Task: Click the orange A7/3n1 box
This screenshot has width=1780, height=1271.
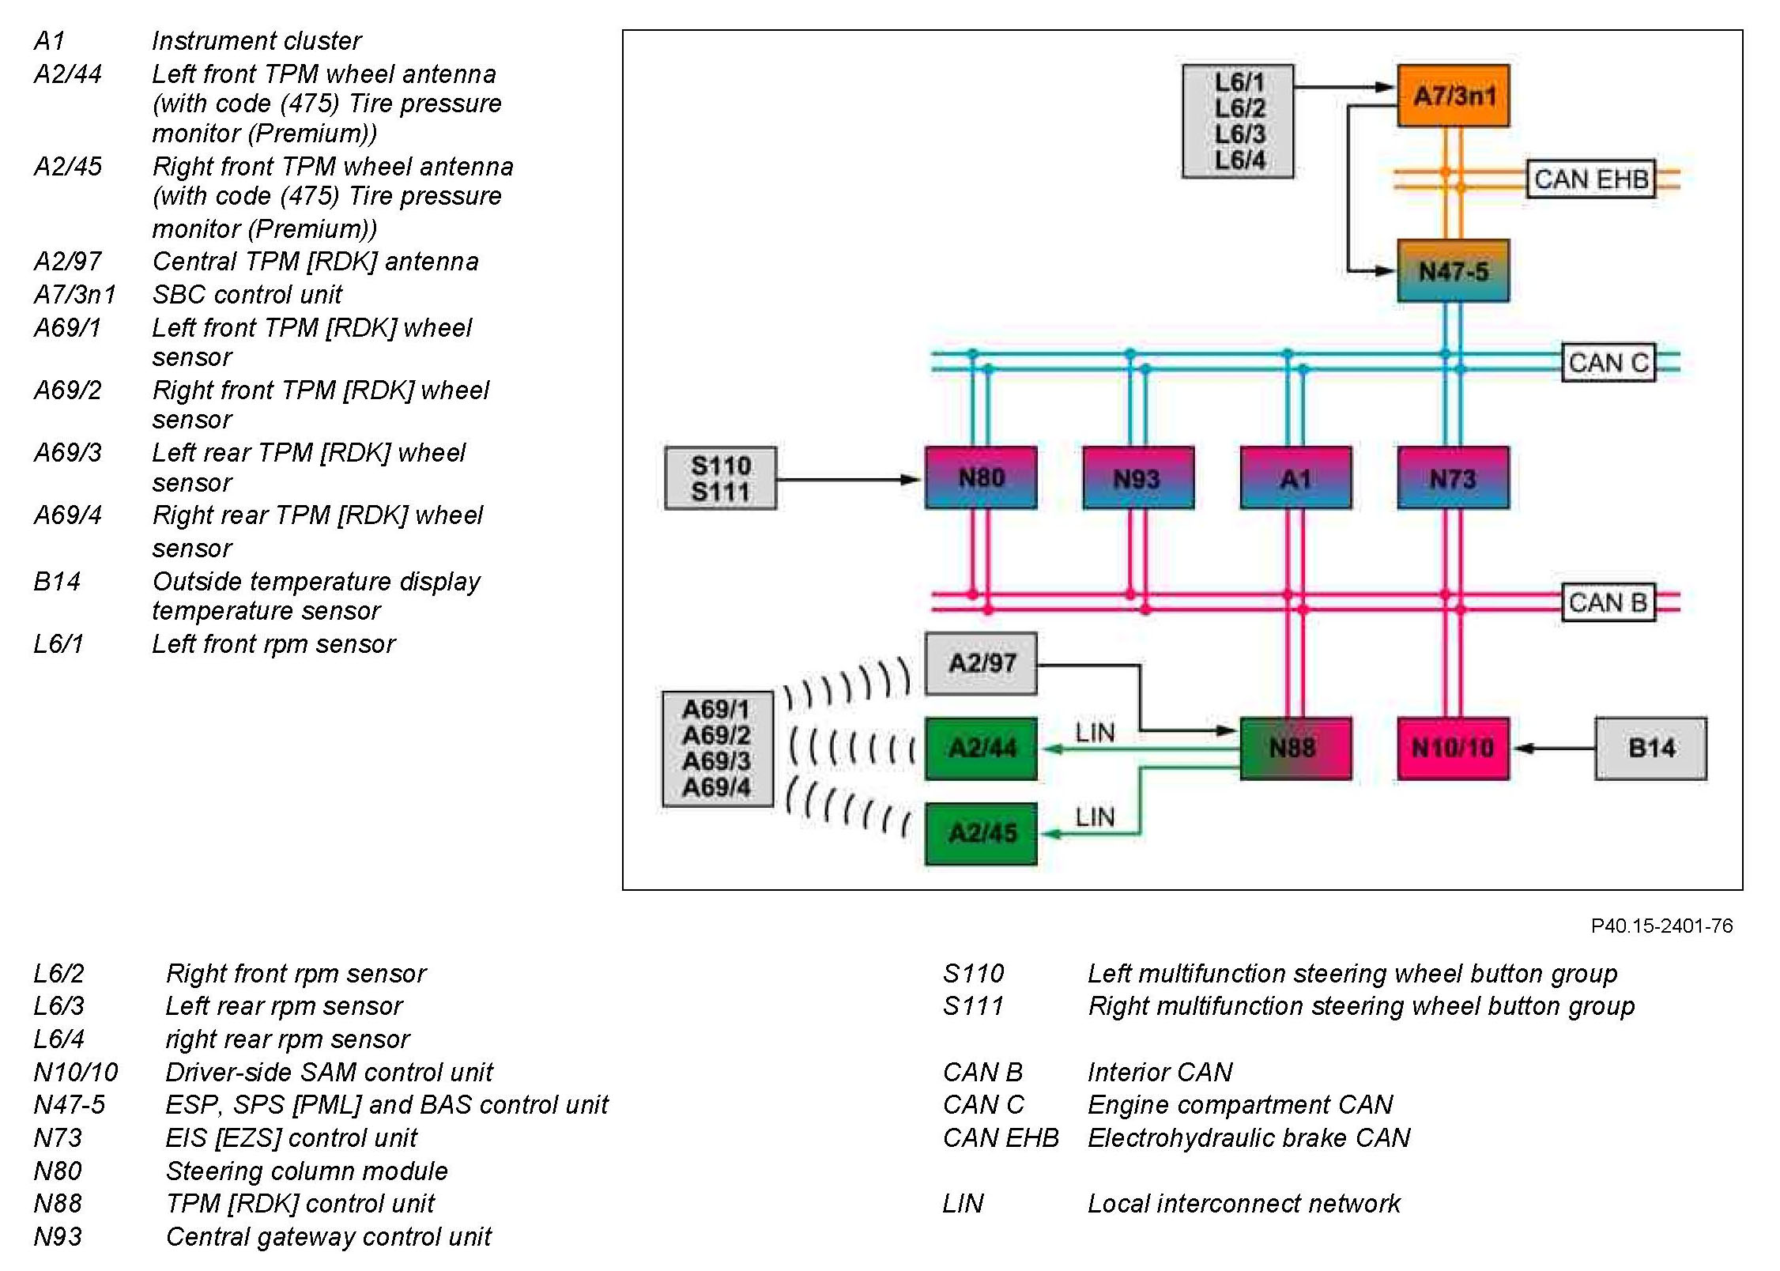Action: [x=1453, y=96]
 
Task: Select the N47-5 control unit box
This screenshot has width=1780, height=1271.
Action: [x=1453, y=271]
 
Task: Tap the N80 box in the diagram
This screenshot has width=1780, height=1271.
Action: [x=981, y=477]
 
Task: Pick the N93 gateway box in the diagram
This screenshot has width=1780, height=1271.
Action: [x=1137, y=477]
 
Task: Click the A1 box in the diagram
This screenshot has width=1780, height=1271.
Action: [x=1295, y=477]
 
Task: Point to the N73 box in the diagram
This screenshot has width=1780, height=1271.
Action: [x=1453, y=477]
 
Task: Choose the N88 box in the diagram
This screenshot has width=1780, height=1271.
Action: [x=1295, y=748]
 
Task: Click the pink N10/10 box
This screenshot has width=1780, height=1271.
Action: [x=1453, y=748]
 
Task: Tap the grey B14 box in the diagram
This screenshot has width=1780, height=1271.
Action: [x=1650, y=748]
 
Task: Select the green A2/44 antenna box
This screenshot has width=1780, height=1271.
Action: [x=981, y=748]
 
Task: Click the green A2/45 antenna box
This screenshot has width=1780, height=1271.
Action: [x=981, y=833]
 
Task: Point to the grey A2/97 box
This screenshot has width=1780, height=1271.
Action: [x=981, y=663]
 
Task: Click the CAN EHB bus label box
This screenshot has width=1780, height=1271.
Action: [x=1590, y=179]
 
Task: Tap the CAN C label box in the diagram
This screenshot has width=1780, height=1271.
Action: [x=1608, y=363]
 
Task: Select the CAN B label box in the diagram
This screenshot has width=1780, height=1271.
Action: [x=1608, y=603]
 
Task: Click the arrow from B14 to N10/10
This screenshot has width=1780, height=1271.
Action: [x=1552, y=748]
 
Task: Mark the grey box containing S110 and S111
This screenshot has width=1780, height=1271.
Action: [x=720, y=478]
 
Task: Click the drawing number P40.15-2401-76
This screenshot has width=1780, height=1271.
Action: [x=1661, y=926]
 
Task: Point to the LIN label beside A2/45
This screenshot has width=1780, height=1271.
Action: [x=1095, y=817]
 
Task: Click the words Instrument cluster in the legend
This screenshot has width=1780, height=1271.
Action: [x=256, y=41]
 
